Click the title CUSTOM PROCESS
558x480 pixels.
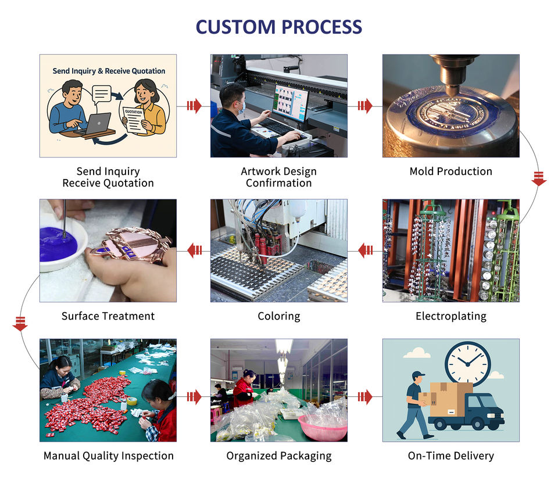click(278, 27)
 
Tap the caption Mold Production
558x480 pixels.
click(450, 171)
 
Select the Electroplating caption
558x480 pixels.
click(450, 316)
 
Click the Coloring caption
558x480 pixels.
click(279, 316)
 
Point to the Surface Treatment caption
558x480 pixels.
click(108, 316)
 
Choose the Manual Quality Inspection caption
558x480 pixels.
click(108, 456)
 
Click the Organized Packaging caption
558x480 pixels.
click(279, 456)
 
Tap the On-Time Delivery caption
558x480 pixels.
click(450, 456)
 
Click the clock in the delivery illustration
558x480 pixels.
click(467, 363)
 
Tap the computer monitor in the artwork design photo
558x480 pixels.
click(290, 102)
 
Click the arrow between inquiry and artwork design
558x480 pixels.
click(194, 106)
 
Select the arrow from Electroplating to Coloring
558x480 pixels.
click(366, 250)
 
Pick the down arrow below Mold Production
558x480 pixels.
click(539, 178)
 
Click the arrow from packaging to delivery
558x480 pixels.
click(364, 397)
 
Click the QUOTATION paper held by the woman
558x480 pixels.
click(134, 119)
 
